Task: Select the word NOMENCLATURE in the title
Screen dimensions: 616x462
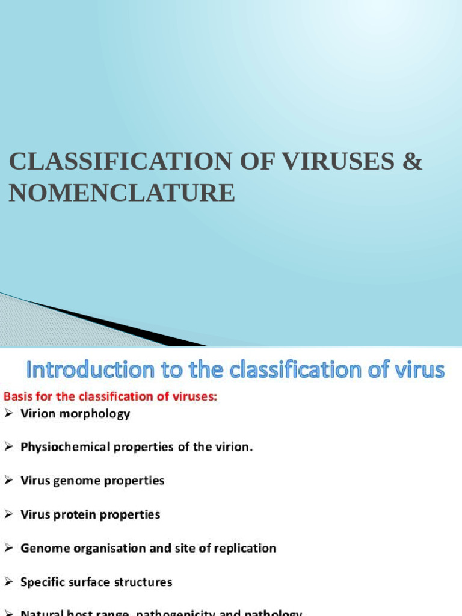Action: click(122, 194)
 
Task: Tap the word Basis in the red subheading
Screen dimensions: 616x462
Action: click(19, 397)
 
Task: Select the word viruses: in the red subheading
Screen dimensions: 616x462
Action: click(192, 397)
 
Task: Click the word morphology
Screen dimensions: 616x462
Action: click(96, 414)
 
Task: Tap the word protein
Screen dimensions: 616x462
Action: click(81, 515)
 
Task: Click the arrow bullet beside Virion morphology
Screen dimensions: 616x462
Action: click(8, 414)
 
